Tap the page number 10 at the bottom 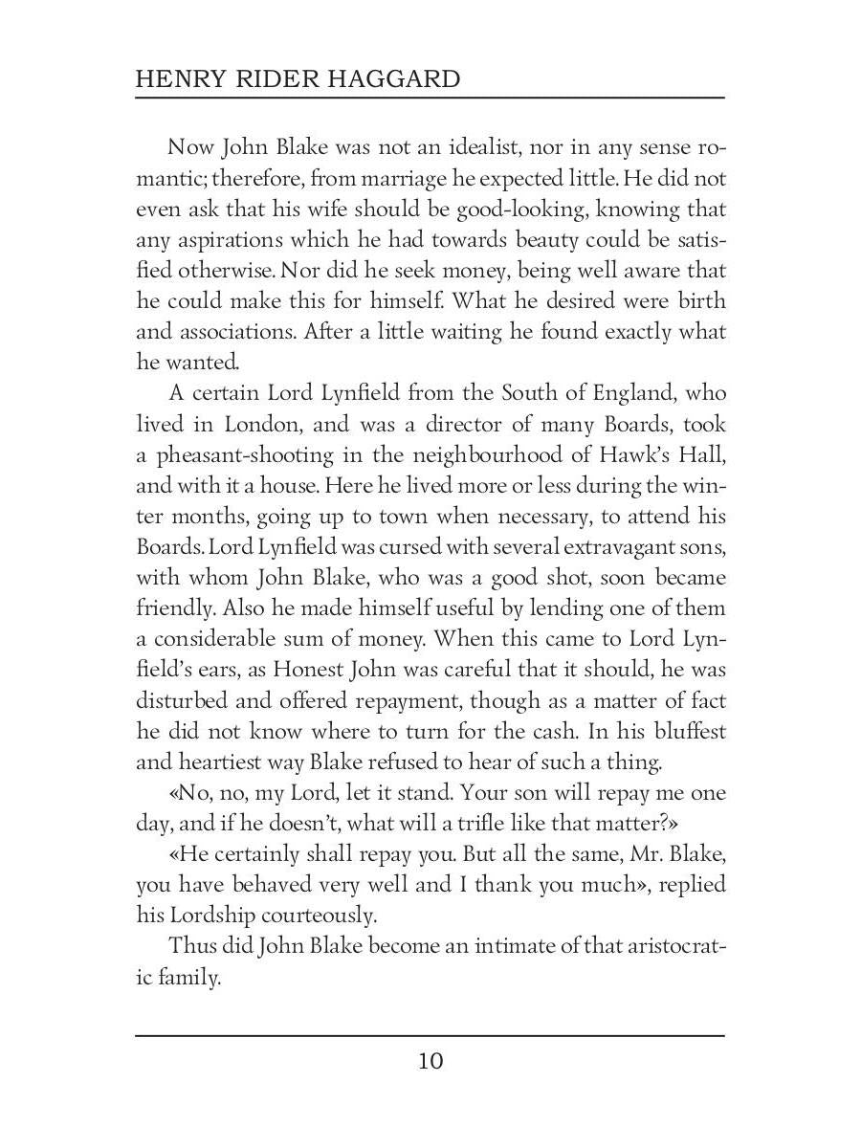point(430,1061)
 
